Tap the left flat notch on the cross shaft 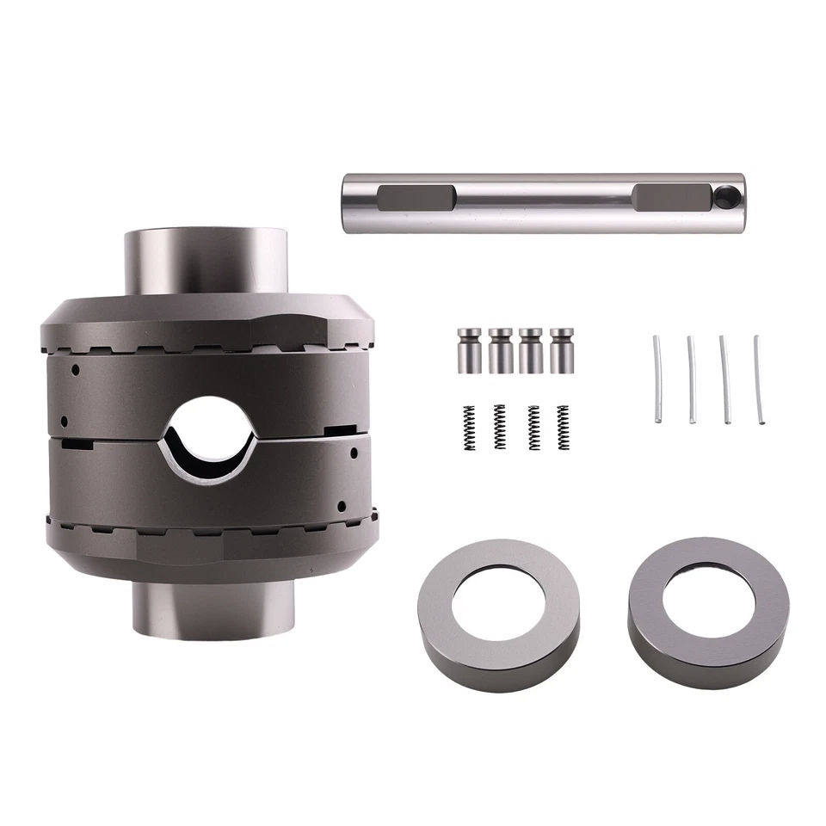(x=416, y=198)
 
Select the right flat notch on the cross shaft (x=669, y=198)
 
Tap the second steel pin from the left (x=500, y=349)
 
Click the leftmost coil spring (x=469, y=428)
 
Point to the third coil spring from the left (x=533, y=428)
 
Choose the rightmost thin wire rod (x=758, y=379)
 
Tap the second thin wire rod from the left (x=691, y=379)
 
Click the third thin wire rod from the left (x=725, y=379)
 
